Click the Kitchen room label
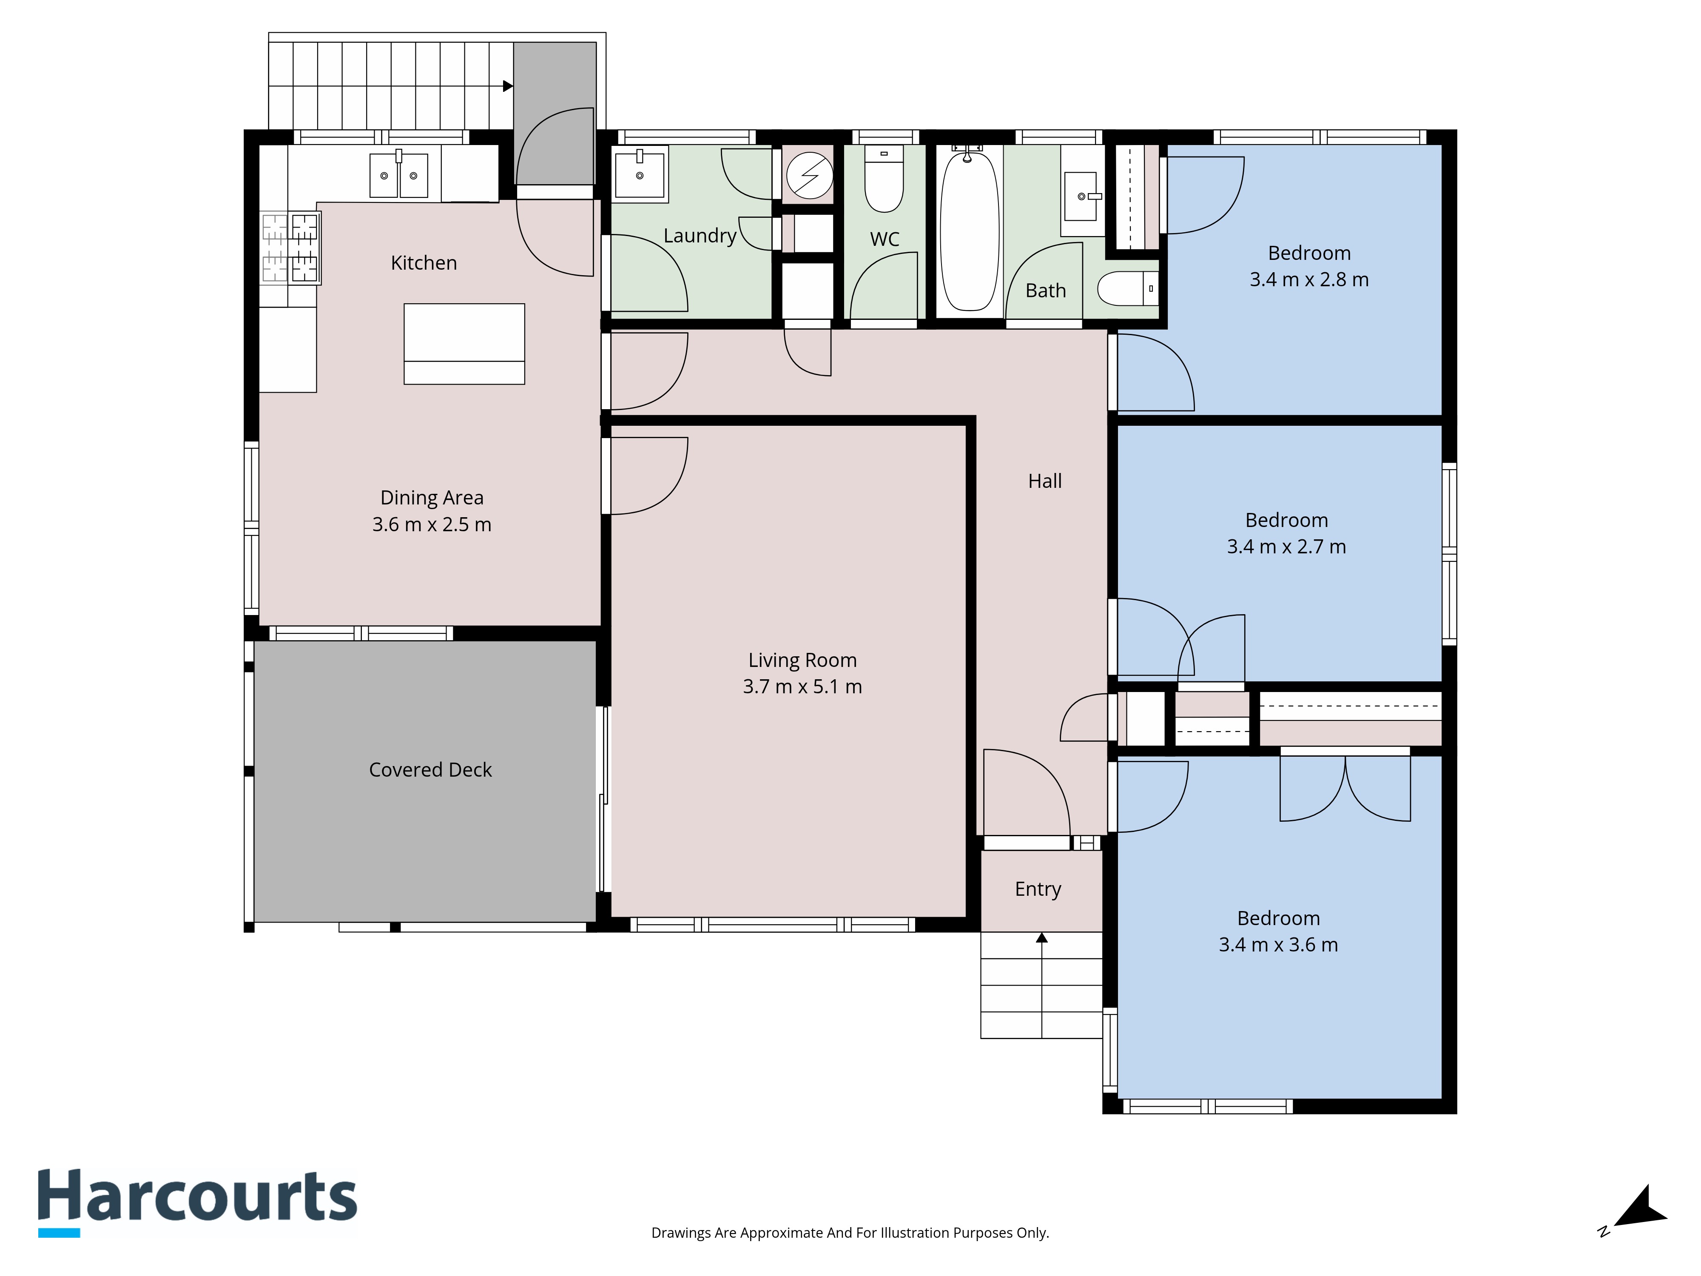(x=424, y=263)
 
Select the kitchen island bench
(x=464, y=344)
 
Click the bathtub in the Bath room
(x=970, y=231)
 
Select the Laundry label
(x=700, y=236)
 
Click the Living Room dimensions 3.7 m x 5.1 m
(x=802, y=687)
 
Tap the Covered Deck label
(x=431, y=770)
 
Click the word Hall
(x=1045, y=481)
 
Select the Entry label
(x=1038, y=890)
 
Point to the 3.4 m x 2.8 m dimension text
(x=1310, y=280)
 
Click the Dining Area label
(x=432, y=498)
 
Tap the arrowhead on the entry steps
(x=1042, y=937)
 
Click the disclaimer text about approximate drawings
(x=850, y=1233)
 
